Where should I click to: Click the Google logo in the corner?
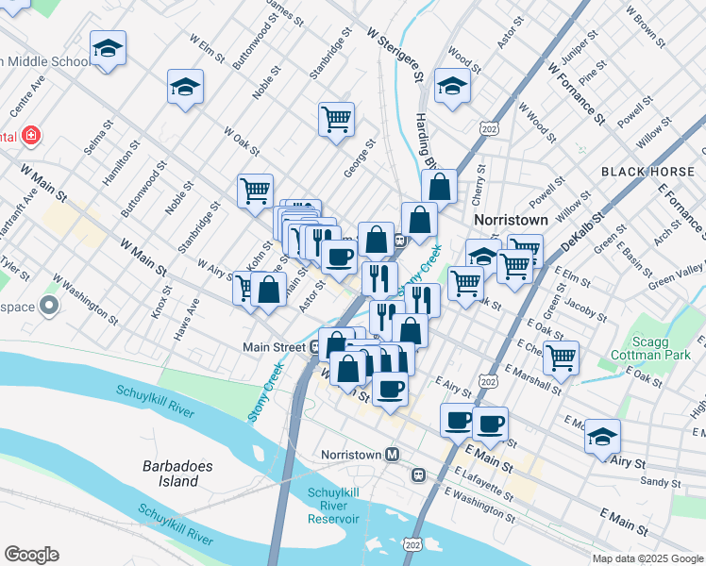click(x=31, y=555)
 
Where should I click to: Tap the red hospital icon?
click(x=32, y=136)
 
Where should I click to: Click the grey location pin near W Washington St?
click(x=47, y=306)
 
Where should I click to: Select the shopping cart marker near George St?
click(x=336, y=120)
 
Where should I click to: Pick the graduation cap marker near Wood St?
click(x=452, y=87)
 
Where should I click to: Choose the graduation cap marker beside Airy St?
click(x=602, y=437)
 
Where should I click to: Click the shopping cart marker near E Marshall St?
click(x=561, y=357)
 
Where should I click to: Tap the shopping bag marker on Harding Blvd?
click(x=439, y=187)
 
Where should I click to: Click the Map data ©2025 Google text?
click(x=647, y=558)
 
